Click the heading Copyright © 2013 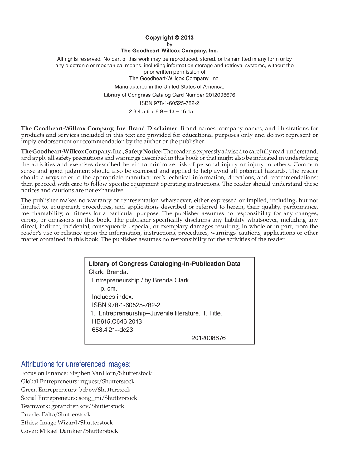coord(169,37)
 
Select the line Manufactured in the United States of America coord(169,87)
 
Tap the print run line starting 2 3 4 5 coord(161,111)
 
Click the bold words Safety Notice coord(144,151)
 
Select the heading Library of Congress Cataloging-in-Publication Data coord(164,264)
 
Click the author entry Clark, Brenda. coord(108,272)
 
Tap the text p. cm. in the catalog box coord(109,289)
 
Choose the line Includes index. coord(112,297)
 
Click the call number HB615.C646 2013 coord(117,321)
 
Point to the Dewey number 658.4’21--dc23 coord(112,330)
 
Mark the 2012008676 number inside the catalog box coord(208,338)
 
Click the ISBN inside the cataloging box coord(126,305)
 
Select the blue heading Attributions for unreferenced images coord(76,364)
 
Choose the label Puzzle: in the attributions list coord(31,414)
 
